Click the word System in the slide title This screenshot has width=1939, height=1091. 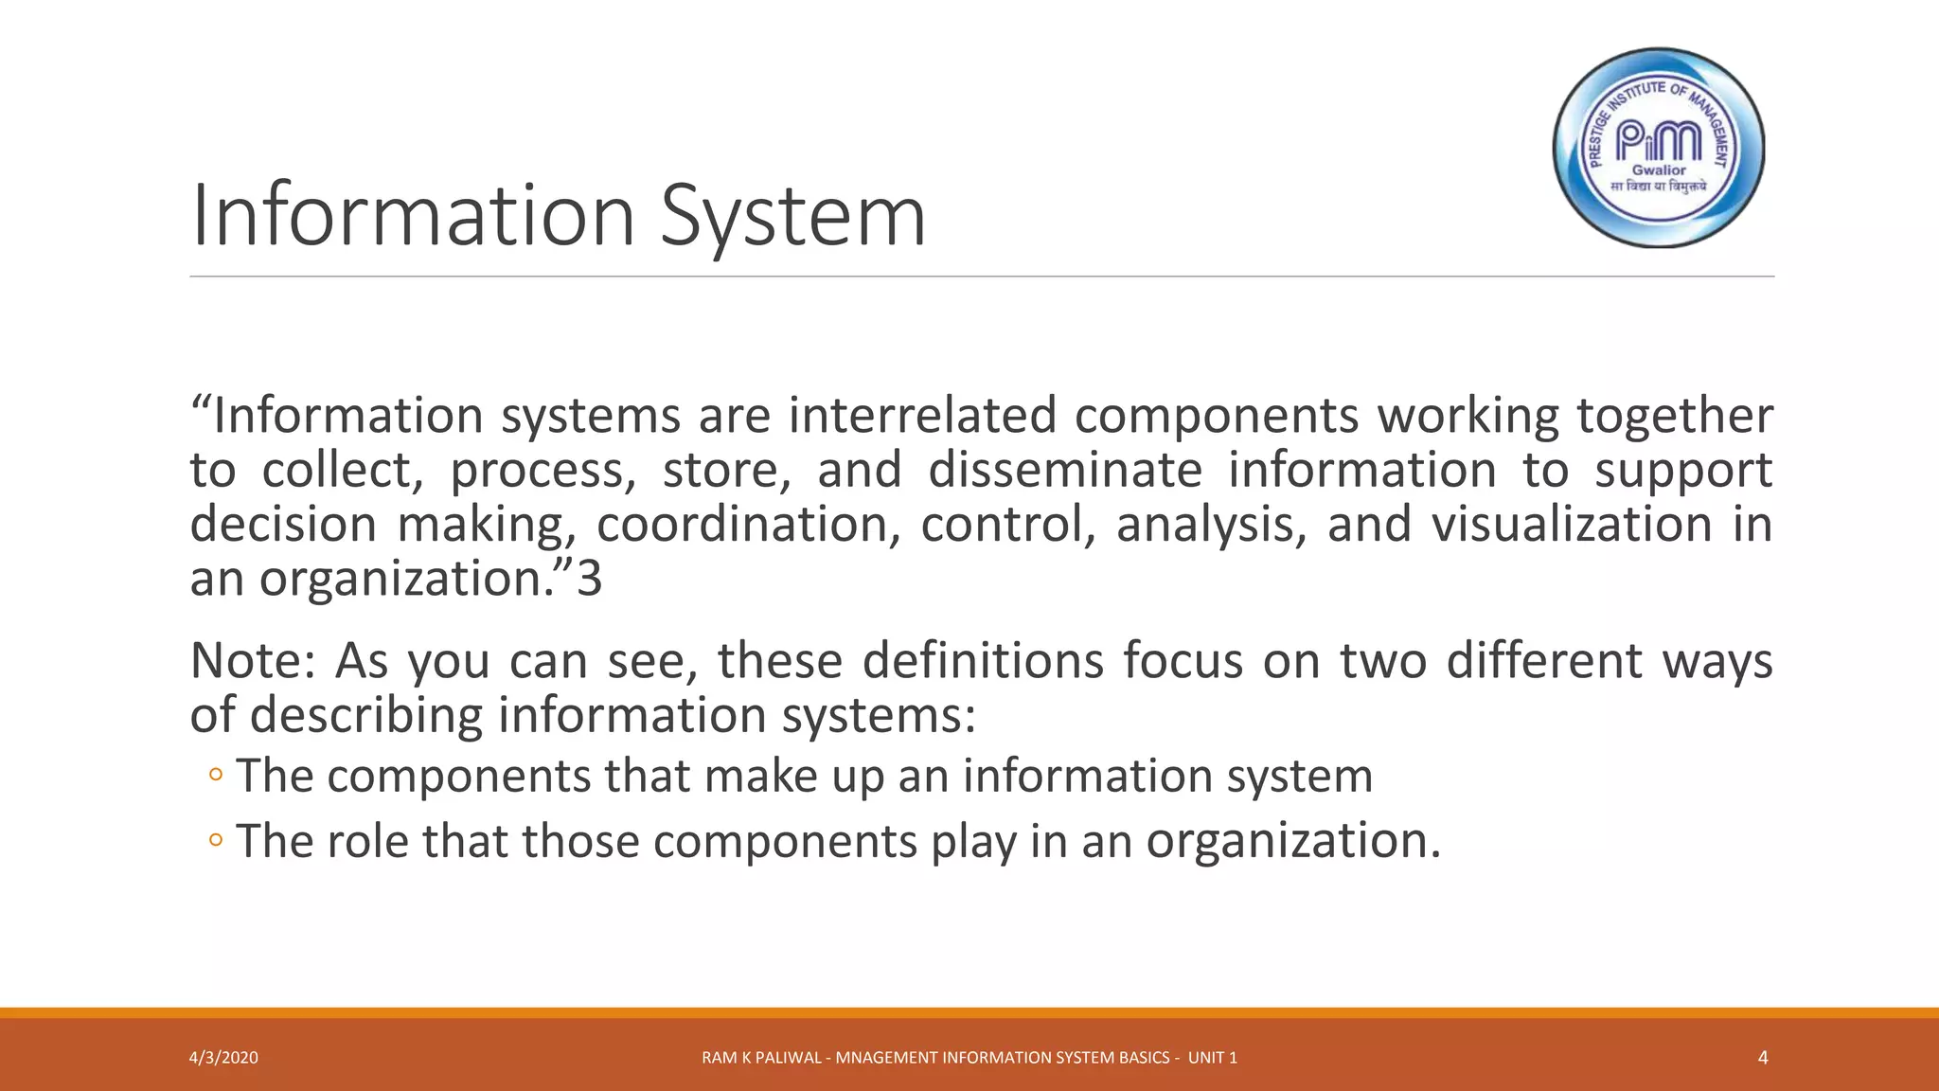click(792, 216)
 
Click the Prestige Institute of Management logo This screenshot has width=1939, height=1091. click(1659, 148)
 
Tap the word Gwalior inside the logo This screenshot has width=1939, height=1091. click(1659, 170)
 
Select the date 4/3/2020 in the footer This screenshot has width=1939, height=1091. click(223, 1058)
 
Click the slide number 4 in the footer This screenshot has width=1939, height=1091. click(1762, 1058)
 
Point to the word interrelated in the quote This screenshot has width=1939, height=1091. click(921, 416)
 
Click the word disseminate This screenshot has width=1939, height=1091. click(1064, 471)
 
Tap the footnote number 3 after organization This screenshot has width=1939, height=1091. click(590, 579)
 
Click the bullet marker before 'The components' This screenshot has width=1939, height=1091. click(216, 776)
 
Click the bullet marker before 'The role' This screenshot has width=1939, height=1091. click(216, 840)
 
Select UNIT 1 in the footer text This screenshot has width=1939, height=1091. click(1212, 1058)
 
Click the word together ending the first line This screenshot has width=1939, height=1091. click(1674, 416)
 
